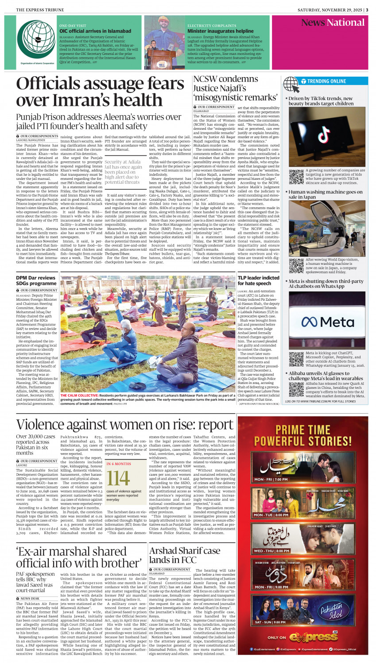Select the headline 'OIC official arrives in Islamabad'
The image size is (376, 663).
pyautogui.click(x=95, y=31)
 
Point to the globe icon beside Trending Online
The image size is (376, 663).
pyautogui.click(x=291, y=84)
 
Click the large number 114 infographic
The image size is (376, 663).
pyautogui.click(x=118, y=478)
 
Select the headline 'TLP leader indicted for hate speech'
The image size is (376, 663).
pyautogui.click(x=258, y=280)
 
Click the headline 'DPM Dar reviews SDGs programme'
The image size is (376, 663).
pyautogui.click(x=36, y=280)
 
